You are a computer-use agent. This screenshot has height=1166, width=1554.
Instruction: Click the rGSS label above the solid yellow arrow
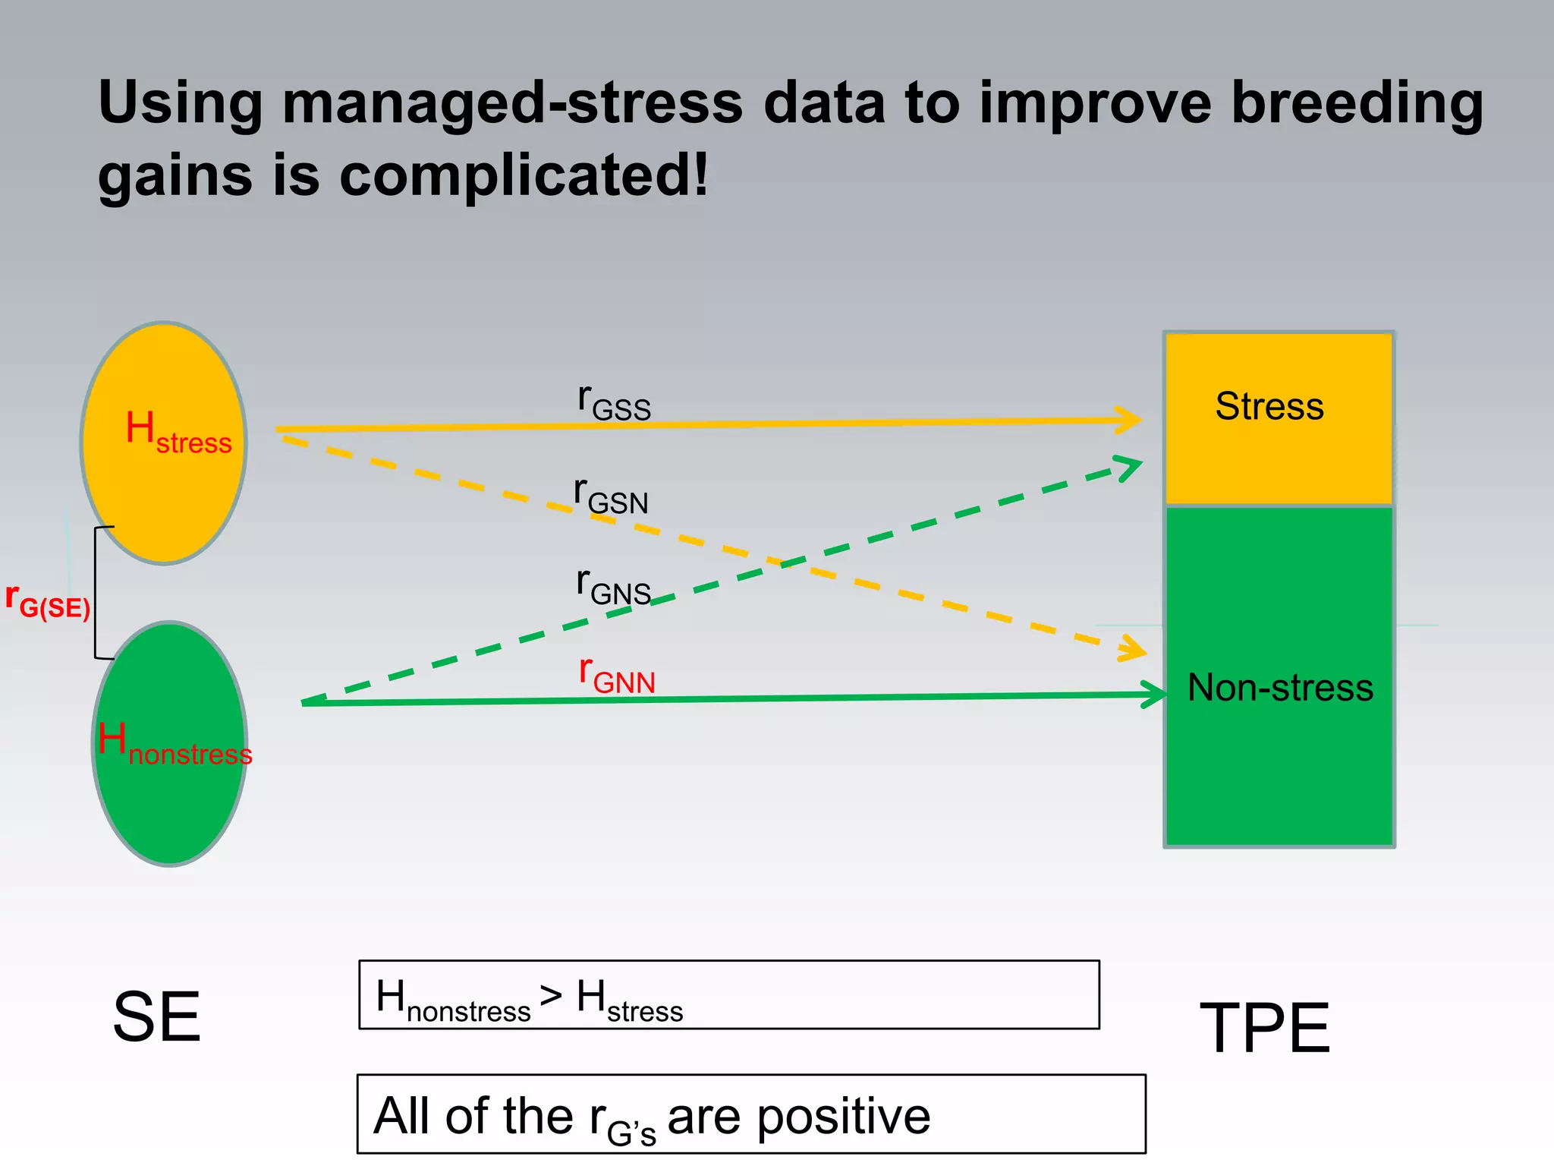tap(614, 402)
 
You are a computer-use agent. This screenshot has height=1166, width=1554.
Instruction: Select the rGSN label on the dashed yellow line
tap(611, 496)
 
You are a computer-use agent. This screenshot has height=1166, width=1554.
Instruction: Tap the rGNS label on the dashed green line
tap(613, 587)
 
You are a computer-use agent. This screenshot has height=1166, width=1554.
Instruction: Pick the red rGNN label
tap(617, 676)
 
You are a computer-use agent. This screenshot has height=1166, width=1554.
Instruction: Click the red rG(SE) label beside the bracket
tap(47, 601)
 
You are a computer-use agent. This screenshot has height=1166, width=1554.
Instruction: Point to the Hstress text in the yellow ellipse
tap(178, 433)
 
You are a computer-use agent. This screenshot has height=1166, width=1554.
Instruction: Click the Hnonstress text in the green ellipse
tap(175, 745)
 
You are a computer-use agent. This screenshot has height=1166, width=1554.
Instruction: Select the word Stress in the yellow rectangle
tap(1269, 406)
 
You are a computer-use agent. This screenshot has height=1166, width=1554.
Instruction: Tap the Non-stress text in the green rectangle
tap(1280, 688)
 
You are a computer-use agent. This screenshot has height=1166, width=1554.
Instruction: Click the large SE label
tap(157, 1017)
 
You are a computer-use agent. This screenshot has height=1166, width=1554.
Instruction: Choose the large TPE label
tap(1265, 1028)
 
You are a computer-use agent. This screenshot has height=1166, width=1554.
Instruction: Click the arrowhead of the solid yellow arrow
tap(1131, 420)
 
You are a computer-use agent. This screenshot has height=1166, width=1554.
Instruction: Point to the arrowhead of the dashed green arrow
tap(1131, 465)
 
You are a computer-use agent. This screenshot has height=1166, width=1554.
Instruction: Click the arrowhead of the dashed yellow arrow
tap(1134, 650)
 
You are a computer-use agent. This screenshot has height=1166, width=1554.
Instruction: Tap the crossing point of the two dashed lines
tap(782, 563)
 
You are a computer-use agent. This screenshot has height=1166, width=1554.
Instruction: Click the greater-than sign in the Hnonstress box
tap(551, 995)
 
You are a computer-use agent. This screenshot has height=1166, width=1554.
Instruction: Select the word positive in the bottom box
tap(844, 1116)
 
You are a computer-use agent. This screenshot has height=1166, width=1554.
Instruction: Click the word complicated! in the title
tap(524, 176)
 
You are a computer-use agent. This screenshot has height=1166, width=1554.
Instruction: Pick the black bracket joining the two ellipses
tap(96, 592)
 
